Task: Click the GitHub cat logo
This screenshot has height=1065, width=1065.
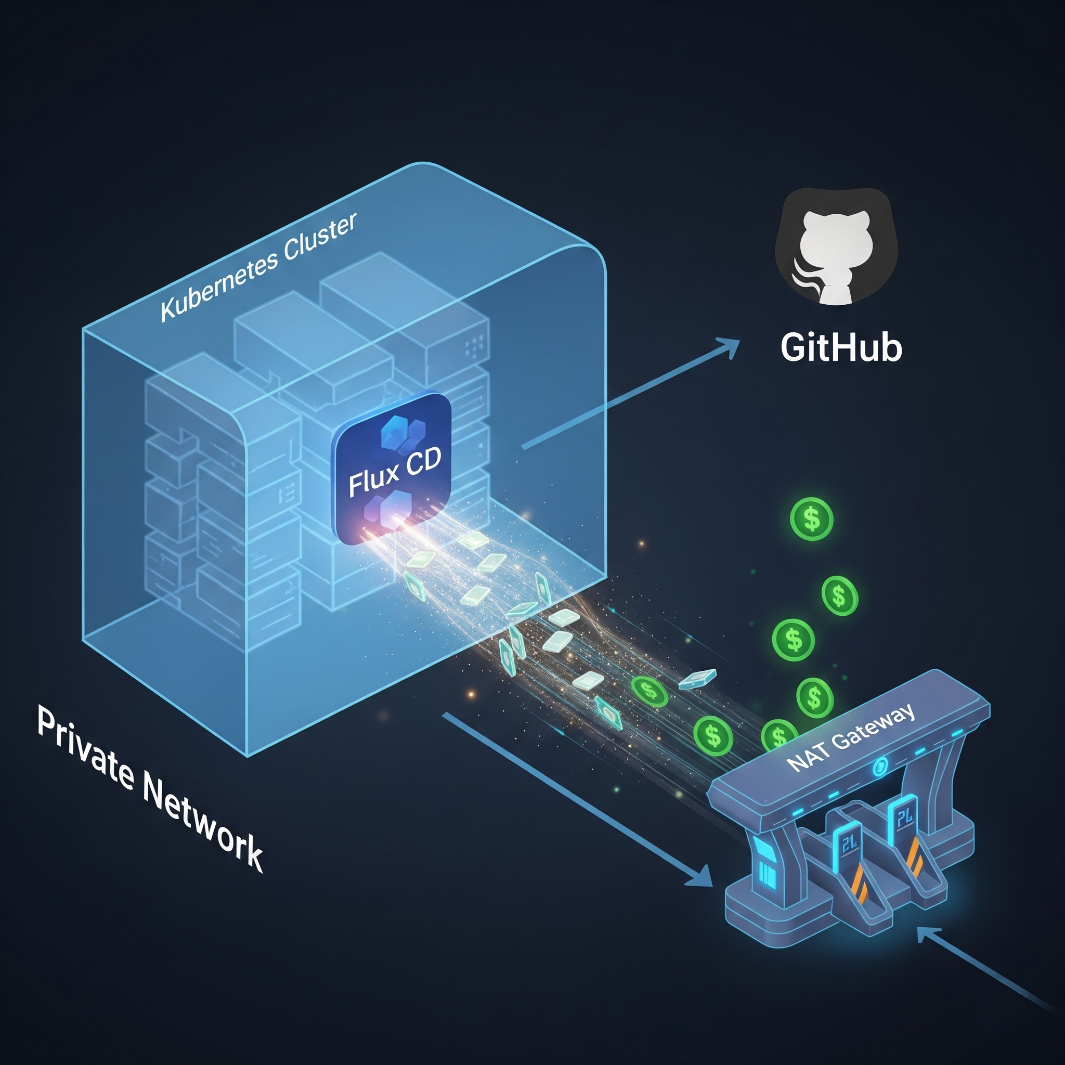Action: click(x=836, y=248)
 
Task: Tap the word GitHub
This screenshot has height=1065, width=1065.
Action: click(x=841, y=348)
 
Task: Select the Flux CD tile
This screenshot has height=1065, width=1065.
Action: click(x=392, y=468)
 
